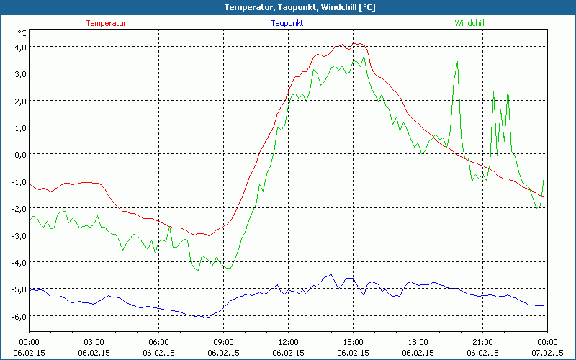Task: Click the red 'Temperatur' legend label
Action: tap(106, 23)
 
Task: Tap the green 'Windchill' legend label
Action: tap(469, 23)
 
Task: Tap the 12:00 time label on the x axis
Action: tap(288, 342)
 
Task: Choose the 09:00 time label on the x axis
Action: tap(223, 342)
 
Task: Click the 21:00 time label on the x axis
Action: tap(482, 342)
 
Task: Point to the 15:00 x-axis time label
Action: tap(353, 342)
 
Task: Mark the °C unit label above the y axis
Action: tap(22, 33)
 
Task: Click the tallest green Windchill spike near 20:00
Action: tap(457, 63)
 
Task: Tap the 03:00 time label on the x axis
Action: tap(94, 342)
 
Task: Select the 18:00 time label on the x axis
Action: tap(418, 342)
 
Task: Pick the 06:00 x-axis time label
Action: tap(158, 342)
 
